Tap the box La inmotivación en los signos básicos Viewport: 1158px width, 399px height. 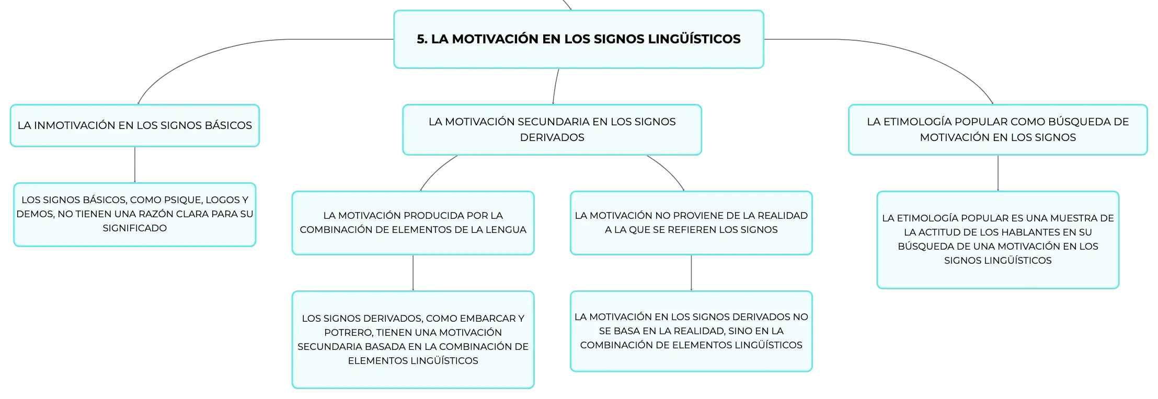(135, 125)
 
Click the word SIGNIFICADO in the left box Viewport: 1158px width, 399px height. (135, 228)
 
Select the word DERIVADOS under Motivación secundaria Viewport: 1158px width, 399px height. (552, 137)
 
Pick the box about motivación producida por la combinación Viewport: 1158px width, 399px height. (413, 223)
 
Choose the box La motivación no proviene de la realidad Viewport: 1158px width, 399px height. (691, 223)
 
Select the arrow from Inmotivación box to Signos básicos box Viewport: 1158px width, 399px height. (135, 165)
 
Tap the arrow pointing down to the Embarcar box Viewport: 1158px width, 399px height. (413, 273)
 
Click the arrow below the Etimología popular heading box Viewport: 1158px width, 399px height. (998, 173)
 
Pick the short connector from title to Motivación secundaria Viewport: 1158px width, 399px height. (555, 87)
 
